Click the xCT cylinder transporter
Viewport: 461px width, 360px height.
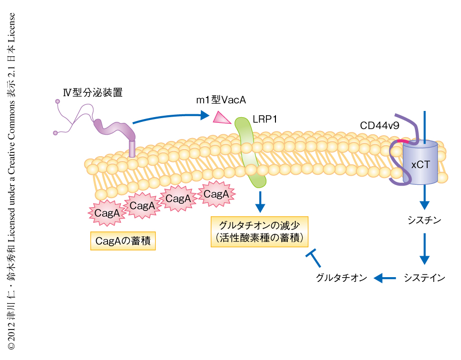(x=420, y=163)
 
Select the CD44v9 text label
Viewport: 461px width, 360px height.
(x=379, y=126)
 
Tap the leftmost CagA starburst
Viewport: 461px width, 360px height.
(x=107, y=213)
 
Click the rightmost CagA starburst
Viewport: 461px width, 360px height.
(x=216, y=194)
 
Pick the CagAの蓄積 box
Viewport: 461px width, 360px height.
(x=123, y=241)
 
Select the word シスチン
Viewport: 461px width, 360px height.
(x=425, y=220)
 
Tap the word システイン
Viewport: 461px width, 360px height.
(x=424, y=278)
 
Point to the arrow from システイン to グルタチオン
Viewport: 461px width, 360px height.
(x=385, y=278)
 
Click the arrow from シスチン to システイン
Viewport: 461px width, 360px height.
(x=425, y=249)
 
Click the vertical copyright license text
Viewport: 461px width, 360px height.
(x=11, y=181)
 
